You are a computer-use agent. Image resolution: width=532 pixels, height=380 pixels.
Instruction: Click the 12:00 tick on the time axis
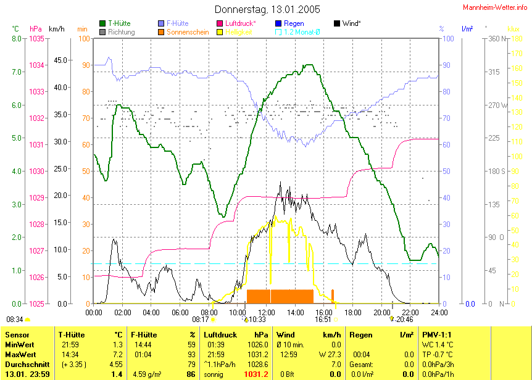267,312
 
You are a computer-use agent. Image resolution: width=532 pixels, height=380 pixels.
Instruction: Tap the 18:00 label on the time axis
352,312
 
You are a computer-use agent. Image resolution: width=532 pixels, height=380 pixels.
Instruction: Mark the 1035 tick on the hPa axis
36,38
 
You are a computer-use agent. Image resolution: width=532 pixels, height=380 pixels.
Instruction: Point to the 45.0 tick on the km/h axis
60,60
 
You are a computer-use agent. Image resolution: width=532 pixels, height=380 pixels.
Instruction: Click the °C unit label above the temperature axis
15,28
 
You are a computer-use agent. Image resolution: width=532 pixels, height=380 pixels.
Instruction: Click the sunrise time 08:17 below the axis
200,320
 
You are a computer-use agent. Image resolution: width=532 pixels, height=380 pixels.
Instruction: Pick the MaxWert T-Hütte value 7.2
117,354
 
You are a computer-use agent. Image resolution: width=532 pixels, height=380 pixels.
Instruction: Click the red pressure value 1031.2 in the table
256,374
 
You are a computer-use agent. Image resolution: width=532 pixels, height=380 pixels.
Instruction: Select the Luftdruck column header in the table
220,334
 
